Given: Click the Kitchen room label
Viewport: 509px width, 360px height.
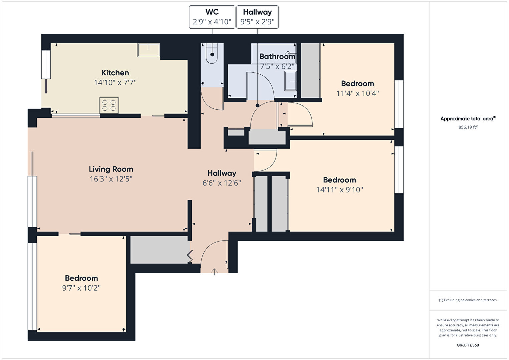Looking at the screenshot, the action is tap(115, 73).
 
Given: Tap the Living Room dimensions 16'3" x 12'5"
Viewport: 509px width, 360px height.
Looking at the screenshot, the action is tap(111, 179).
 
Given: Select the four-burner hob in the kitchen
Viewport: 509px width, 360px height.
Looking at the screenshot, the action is tap(109, 105).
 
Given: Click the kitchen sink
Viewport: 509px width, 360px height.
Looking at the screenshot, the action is tap(149, 50).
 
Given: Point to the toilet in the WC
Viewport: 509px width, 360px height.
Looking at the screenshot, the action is tap(212, 53).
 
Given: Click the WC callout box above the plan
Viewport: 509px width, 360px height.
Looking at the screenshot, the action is tap(212, 17).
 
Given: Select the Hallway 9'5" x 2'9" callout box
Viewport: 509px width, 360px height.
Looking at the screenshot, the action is tap(258, 17).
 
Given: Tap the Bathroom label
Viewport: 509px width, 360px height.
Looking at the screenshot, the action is tap(277, 56).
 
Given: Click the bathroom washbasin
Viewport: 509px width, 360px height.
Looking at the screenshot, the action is tap(291, 81).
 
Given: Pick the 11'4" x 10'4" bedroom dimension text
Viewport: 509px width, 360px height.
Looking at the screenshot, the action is tap(358, 93).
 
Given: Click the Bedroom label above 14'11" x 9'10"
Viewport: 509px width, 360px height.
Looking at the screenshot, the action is tap(340, 180).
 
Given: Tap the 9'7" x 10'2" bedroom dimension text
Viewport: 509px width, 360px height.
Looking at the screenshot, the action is tap(81, 288).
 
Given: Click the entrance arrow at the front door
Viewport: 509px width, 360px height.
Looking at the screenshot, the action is tap(214, 272).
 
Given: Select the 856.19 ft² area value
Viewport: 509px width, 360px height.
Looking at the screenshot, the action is tap(468, 127).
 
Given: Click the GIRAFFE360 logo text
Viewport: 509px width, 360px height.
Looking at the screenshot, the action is tap(468, 345).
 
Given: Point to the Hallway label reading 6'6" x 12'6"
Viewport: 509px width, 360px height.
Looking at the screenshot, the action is tap(222, 173).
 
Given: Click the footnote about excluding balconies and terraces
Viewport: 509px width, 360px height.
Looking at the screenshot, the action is tap(468, 300).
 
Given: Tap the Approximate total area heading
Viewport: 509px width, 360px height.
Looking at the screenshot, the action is tap(468, 118).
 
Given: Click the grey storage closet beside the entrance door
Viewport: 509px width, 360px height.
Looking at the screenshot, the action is tap(160, 250).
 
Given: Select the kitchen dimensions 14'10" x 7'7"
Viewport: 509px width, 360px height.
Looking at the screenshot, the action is tap(115, 82).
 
